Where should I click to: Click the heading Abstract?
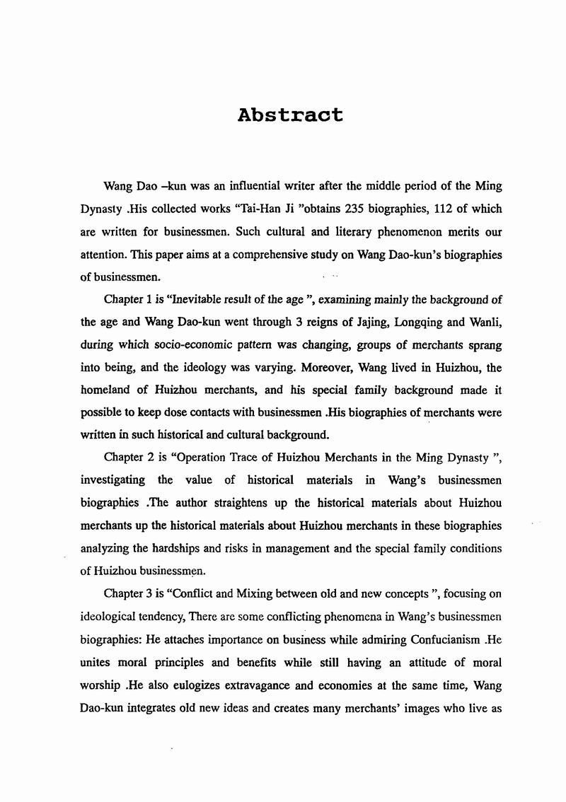tap(291, 115)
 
